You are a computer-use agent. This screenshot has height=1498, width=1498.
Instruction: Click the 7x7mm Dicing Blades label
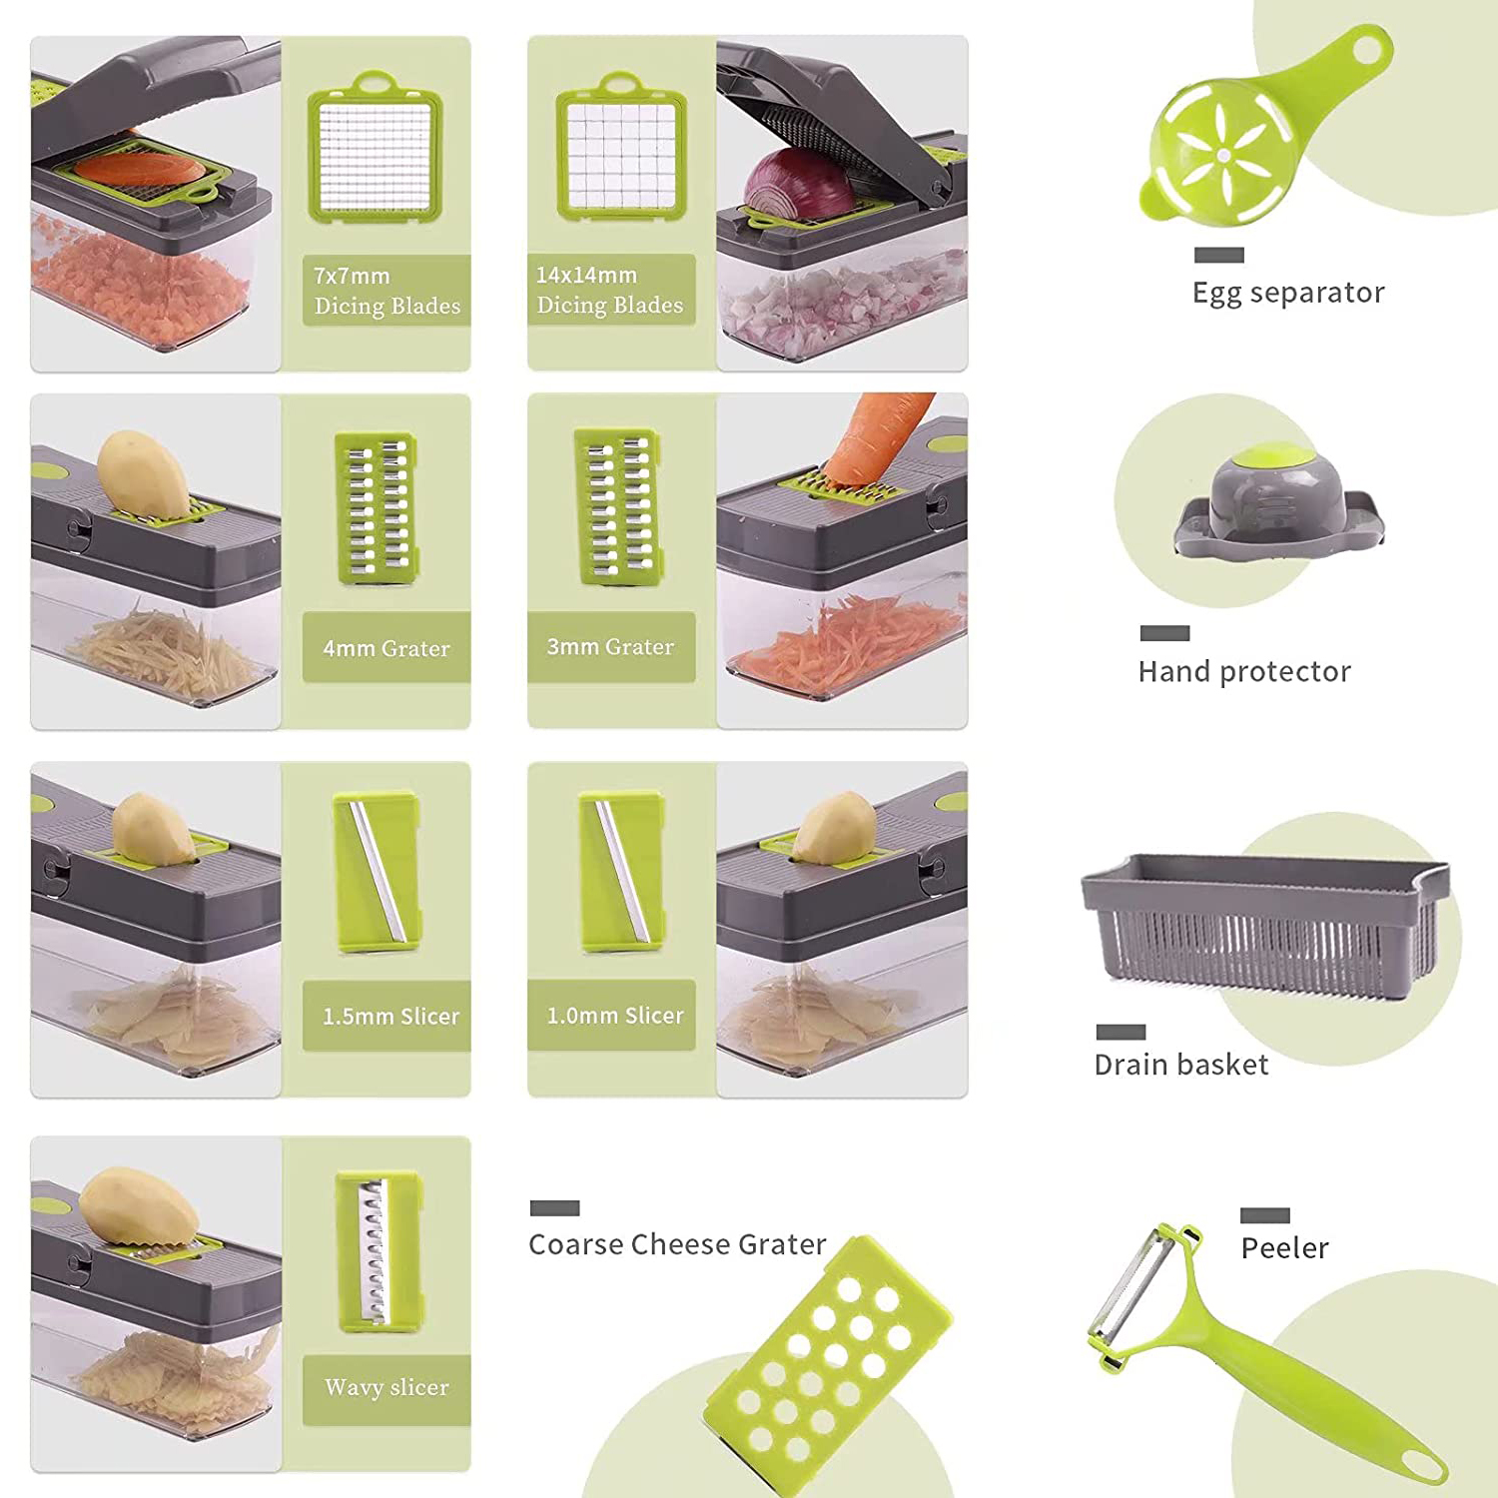click(x=387, y=291)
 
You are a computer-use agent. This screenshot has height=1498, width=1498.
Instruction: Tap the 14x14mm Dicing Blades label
click(x=610, y=290)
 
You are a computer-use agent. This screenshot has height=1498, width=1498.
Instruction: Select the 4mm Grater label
click(x=386, y=648)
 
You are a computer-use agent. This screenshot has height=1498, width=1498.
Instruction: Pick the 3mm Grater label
click(x=610, y=647)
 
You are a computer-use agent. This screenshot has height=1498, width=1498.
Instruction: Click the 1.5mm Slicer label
click(x=390, y=1017)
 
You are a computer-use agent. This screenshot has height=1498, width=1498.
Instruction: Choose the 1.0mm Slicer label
click(x=615, y=1016)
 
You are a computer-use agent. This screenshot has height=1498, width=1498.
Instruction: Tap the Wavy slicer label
click(x=386, y=1387)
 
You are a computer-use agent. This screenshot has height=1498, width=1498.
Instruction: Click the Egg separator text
click(x=1288, y=293)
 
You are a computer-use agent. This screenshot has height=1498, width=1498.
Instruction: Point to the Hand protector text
click(x=1244, y=671)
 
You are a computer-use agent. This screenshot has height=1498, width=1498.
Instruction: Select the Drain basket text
click(x=1181, y=1065)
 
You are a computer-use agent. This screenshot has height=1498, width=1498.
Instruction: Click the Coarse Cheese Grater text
click(x=677, y=1244)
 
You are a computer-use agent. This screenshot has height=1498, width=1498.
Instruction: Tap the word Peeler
click(x=1284, y=1248)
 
